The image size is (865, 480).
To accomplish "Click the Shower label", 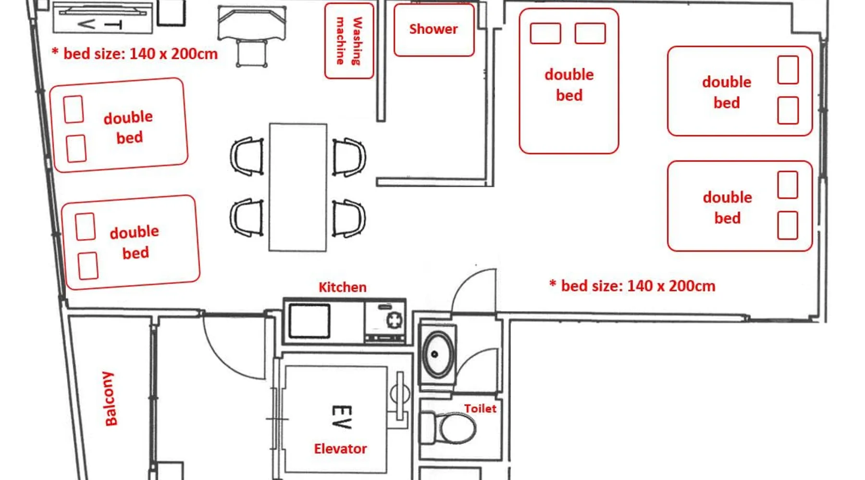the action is pos(433,29).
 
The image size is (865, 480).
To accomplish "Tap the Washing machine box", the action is pos(349,41).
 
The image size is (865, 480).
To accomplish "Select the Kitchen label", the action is pos(343,288).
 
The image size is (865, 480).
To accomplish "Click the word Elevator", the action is pos(340,449).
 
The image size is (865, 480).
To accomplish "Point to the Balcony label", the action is pos(110,398).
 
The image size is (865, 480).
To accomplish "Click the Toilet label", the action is pos(480,408).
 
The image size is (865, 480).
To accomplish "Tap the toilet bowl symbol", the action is pos(449,428).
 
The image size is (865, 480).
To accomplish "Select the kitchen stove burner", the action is pos(395,320).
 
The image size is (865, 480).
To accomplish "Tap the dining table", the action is pos(298,187).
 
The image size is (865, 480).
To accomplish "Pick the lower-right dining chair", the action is pos(349,218).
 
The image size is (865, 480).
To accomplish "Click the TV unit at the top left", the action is pos(103,18).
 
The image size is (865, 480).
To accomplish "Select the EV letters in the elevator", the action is pos(342,417).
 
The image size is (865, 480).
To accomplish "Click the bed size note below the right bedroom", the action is pos(632,286).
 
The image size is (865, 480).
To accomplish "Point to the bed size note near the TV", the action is pos(135,53).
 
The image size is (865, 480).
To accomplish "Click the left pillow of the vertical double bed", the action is pos(545,34).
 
